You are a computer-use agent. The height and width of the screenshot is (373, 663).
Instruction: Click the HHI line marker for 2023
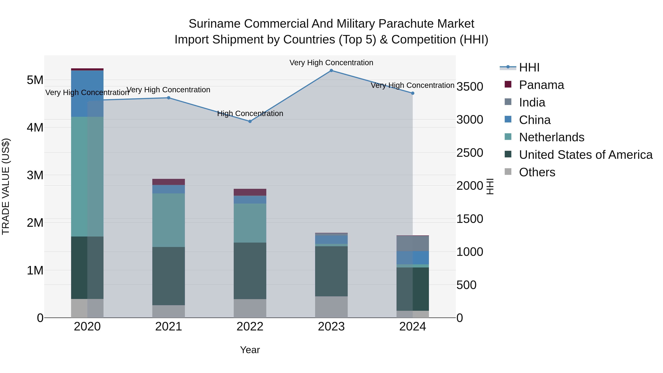331,71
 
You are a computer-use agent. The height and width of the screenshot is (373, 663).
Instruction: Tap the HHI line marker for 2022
250,122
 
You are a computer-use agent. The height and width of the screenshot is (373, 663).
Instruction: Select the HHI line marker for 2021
169,98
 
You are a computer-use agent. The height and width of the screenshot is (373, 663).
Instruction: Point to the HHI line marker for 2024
413,93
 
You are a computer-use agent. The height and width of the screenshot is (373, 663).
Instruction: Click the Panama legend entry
541,85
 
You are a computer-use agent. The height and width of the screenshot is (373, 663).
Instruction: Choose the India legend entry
532,102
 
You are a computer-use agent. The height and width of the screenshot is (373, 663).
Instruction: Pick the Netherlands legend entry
552,137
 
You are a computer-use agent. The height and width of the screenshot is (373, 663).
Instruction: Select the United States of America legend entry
585,155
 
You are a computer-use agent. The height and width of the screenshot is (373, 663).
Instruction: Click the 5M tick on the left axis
35,80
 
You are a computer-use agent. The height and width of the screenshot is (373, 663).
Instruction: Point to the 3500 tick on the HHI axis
470,87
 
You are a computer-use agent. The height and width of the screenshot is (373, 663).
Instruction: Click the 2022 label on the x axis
250,327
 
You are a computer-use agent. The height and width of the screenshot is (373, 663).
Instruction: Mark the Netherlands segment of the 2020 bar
87,177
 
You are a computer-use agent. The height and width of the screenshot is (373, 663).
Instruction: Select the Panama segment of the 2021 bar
169,182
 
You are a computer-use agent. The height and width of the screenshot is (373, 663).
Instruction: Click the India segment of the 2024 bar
413,244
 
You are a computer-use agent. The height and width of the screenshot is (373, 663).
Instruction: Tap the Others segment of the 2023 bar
331,307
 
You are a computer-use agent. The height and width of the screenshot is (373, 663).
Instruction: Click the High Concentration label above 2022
250,113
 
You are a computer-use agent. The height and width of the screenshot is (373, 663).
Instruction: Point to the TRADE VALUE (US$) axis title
6,186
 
